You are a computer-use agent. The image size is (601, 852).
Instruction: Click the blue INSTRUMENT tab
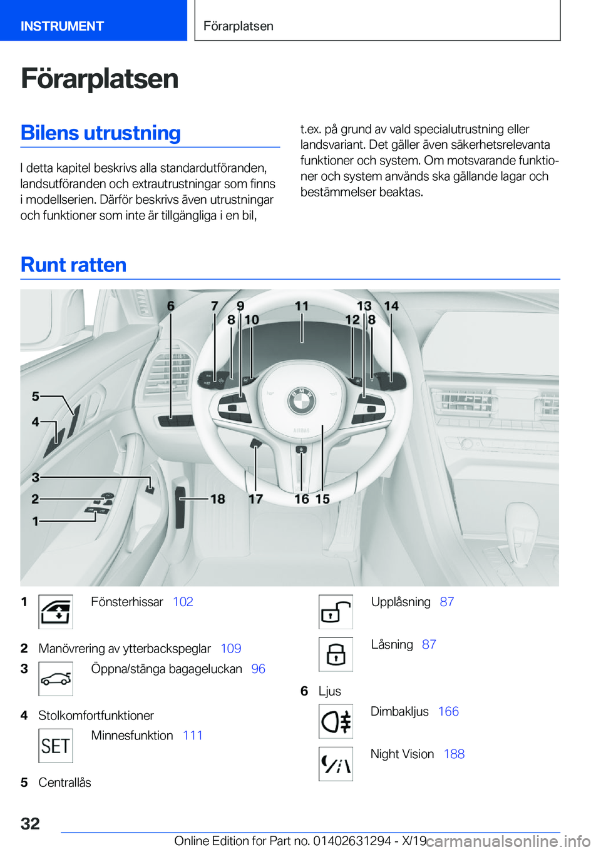point(62,26)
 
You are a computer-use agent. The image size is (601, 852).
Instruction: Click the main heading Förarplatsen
point(100,79)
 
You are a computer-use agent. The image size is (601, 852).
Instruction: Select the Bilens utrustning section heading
point(101,133)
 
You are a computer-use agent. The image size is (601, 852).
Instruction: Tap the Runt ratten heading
point(74,265)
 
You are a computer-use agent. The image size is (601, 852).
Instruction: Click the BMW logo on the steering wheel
point(301,401)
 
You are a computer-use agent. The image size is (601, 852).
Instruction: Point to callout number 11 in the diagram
point(302,306)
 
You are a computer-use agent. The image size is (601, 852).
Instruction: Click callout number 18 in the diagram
point(217,499)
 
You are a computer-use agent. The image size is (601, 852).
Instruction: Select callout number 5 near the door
point(36,396)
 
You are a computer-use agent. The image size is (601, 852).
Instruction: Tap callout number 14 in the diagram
point(391,306)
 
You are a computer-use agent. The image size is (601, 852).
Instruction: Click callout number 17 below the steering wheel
point(255,499)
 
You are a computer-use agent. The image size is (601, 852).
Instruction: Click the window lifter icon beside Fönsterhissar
point(56,611)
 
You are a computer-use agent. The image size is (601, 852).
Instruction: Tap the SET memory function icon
point(56,746)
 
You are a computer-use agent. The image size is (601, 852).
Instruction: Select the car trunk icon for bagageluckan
point(56,679)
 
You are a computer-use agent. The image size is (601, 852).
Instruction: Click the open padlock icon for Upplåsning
point(336,611)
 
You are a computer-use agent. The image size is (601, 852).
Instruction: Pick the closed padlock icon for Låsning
point(336,654)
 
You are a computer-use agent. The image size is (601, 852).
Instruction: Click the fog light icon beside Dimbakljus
point(336,721)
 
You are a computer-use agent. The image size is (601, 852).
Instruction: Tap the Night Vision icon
point(336,764)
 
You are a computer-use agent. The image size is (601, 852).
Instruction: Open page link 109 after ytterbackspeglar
point(231,649)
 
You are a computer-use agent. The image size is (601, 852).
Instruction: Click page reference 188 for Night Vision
point(454,754)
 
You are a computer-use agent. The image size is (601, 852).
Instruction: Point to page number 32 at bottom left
point(30,823)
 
